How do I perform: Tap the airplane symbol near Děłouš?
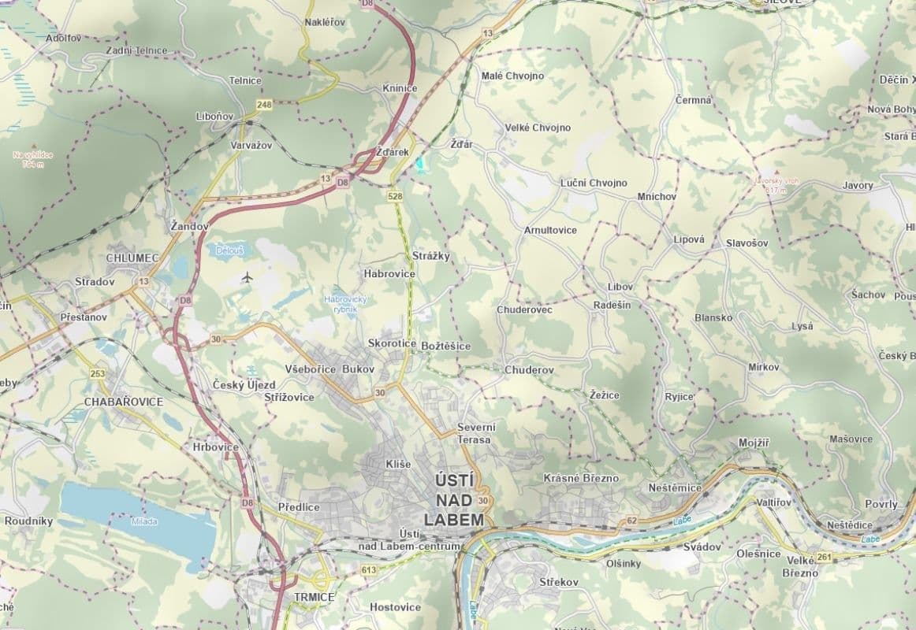[248, 277]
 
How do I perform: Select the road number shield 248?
[263, 104]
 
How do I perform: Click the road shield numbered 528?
[396, 195]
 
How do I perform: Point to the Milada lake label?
[144, 521]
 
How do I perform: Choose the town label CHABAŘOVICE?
[124, 402]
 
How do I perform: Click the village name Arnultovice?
[550, 230]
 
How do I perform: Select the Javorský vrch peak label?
[776, 184]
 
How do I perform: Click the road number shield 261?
[825, 558]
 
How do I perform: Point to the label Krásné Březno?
[581, 478]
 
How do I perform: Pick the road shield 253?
[98, 373]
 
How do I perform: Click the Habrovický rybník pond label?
[346, 304]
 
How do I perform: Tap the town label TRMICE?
[314, 597]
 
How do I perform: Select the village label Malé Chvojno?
[512, 76]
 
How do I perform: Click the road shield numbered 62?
[631, 521]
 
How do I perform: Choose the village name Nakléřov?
[325, 22]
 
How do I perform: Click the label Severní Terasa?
[474, 433]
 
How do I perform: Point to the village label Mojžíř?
[753, 443]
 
